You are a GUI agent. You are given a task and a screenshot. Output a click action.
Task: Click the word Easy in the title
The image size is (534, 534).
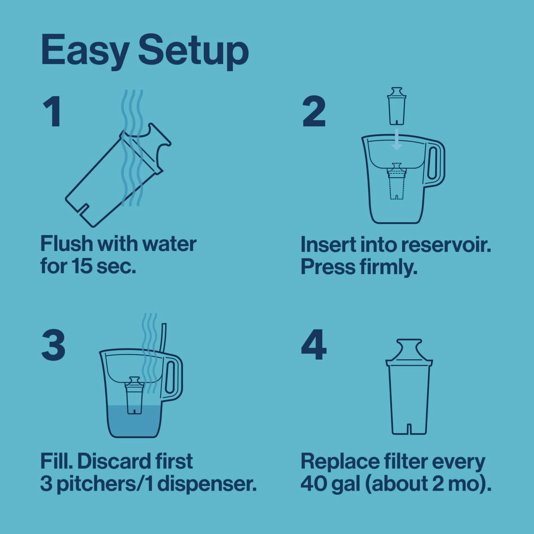[85, 51]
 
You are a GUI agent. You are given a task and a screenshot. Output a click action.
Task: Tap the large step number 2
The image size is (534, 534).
[314, 112]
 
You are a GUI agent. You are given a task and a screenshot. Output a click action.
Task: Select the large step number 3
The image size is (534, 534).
[53, 345]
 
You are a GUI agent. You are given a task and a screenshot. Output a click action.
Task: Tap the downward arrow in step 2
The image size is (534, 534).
[397, 141]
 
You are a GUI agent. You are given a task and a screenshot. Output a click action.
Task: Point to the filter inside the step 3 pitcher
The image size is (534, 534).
[134, 395]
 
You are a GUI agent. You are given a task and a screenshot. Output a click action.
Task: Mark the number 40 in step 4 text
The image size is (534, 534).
[313, 484]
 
